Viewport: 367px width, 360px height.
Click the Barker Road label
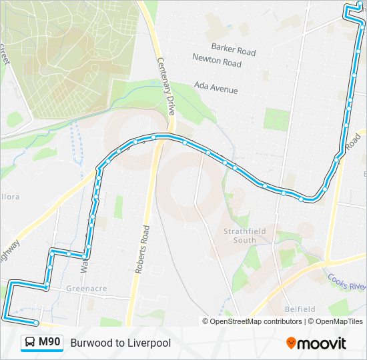point(233,51)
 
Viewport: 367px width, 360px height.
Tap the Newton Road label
point(216,63)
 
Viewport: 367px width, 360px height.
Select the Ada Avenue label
point(216,87)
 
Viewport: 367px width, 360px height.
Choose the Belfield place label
point(300,309)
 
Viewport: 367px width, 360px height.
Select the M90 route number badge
point(49,343)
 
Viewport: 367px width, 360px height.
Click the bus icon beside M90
point(31,343)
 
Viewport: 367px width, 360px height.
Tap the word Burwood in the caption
point(89,343)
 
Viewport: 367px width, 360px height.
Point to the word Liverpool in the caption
point(148,343)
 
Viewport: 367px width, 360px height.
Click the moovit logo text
point(322,343)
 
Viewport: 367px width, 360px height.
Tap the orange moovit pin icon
point(291,343)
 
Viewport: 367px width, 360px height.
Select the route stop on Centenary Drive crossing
point(153,137)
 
